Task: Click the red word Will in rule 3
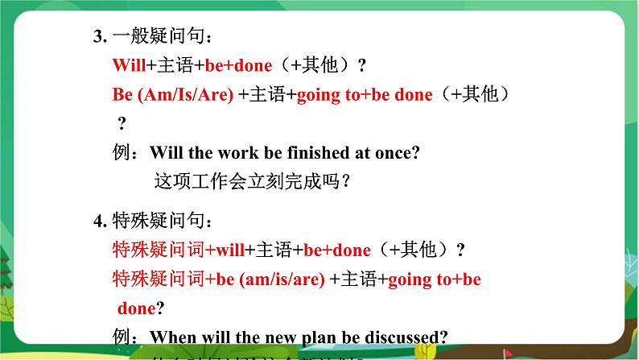(129, 65)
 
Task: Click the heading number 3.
(100, 35)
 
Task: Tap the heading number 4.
(100, 220)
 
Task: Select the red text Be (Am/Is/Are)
(173, 95)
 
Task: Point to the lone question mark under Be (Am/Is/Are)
(122, 123)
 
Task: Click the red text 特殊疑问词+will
(178, 250)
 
